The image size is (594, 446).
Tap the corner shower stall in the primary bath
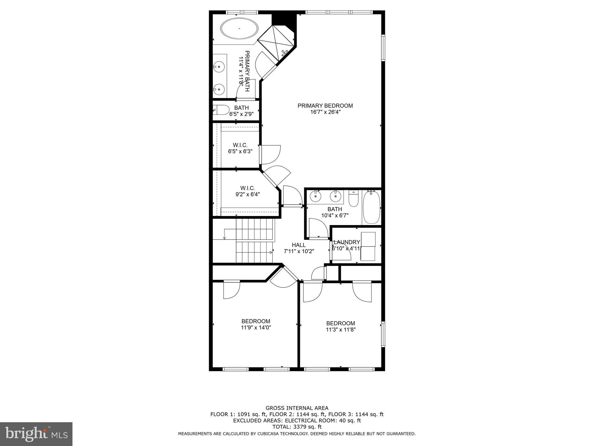pyautogui.click(x=276, y=43)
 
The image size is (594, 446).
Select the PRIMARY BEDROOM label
pyautogui.click(x=325, y=106)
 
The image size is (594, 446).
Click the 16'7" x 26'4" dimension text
pyautogui.click(x=325, y=112)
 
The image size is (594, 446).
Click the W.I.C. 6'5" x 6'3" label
pyautogui.click(x=240, y=148)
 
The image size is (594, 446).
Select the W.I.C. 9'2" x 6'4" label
pyautogui.click(x=247, y=191)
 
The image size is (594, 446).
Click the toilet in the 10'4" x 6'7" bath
pyautogui.click(x=353, y=199)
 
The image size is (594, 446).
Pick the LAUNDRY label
pyautogui.click(x=347, y=242)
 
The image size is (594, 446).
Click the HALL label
pyautogui.click(x=299, y=245)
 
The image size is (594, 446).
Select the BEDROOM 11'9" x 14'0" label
pyautogui.click(x=256, y=324)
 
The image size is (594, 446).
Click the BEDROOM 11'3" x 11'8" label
pyautogui.click(x=341, y=326)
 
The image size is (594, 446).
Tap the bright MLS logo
pyautogui.click(x=36, y=434)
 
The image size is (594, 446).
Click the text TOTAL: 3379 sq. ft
pyautogui.click(x=297, y=427)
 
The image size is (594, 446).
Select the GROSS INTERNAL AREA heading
pyautogui.click(x=297, y=408)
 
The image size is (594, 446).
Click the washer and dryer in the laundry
pyautogui.click(x=367, y=247)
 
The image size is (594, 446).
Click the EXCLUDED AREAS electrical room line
pyautogui.click(x=297, y=420)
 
